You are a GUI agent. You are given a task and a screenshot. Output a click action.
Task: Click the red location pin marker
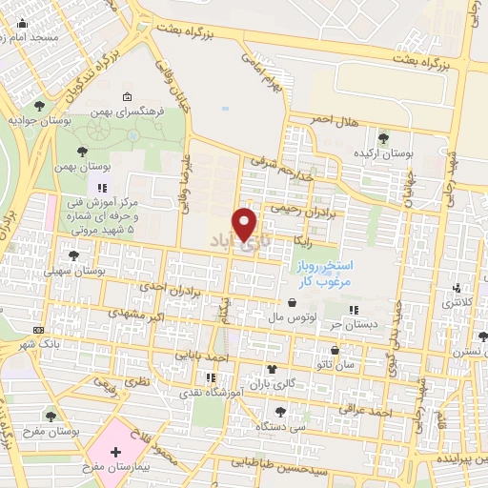[246, 223]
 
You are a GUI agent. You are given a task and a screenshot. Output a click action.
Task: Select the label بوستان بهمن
[77, 166]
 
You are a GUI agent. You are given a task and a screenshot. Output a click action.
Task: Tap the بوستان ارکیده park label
[382, 152]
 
